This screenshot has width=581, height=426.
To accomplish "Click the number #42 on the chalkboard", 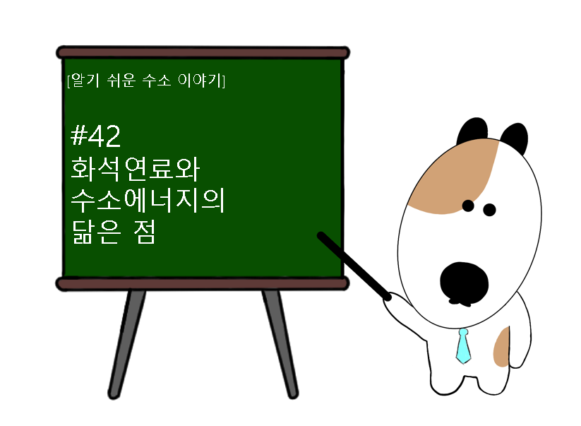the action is click(95, 136).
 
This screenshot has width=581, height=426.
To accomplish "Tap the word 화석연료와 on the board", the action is click(136, 169).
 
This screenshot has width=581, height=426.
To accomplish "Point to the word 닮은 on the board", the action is click(96, 232).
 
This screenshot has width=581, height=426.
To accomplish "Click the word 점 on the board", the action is click(144, 232).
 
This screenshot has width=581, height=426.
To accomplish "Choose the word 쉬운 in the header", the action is click(121, 80).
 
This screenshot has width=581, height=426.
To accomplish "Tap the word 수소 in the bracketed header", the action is click(156, 80).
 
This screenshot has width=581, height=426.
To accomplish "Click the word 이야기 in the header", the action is click(200, 80).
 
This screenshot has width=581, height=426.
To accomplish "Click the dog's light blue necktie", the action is click(463, 346).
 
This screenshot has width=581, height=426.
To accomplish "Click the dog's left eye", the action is click(468, 206).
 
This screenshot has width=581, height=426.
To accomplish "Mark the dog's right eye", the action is click(489, 210).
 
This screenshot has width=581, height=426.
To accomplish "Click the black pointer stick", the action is click(354, 266).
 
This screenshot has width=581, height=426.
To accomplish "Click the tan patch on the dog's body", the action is click(501, 348).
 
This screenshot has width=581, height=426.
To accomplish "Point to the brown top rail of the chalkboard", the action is click(203, 53).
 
